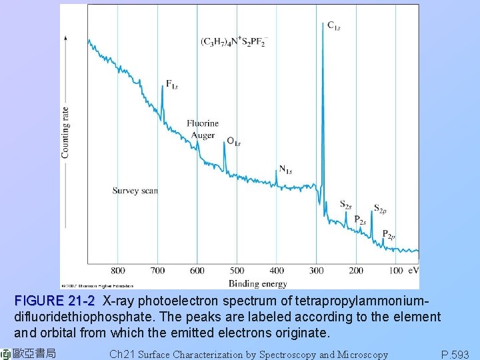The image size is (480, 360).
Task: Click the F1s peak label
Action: tap(172, 85)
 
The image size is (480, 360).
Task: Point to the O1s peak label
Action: tap(233, 141)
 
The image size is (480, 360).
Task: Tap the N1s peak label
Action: tap(285, 170)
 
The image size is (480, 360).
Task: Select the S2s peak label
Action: tap(345, 205)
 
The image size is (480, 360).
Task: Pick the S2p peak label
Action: tap(379, 209)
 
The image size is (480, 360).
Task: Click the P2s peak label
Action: tap(360, 219)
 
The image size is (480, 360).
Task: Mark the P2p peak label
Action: tap(389, 234)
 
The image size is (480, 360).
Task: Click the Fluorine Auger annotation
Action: tap(202, 129)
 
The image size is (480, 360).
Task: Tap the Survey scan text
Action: tap(135, 191)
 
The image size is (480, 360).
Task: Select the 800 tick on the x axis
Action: tap(117, 271)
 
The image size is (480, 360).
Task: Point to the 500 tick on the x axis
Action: tap(237, 271)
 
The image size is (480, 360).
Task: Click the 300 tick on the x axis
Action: tap(317, 271)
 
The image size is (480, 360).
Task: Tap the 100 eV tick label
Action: tap(403, 271)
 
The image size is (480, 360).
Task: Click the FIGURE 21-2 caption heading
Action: tap(55, 301)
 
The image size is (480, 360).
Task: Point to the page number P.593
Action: tap(455, 354)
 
